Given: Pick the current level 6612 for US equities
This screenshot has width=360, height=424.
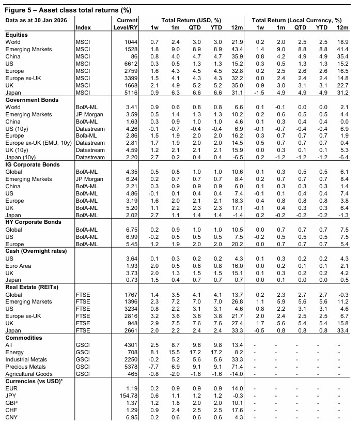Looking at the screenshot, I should coord(131,63).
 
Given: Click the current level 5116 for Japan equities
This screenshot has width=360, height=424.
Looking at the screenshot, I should coord(131,92).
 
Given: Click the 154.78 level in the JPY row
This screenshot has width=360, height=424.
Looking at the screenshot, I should coord(128,395).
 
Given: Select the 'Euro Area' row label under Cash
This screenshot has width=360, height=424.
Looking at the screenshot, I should coord(18,265).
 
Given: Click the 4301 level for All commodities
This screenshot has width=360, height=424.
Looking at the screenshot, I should coord(131,345).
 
